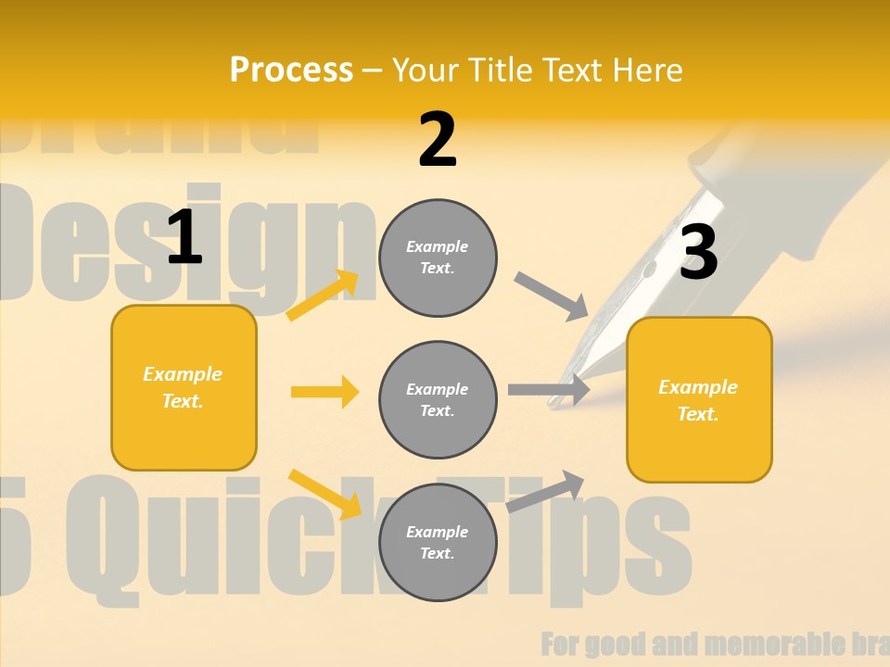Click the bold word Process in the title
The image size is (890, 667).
[x=291, y=69]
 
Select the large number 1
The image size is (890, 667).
[x=184, y=237]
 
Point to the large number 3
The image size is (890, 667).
[x=698, y=252]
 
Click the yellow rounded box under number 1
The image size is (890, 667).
[x=184, y=387]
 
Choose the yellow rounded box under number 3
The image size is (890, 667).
[x=699, y=399]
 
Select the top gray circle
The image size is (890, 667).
[x=438, y=257]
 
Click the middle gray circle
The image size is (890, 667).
[x=438, y=399]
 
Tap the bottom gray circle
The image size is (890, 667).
[x=438, y=542]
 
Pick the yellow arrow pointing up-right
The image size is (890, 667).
[x=323, y=296]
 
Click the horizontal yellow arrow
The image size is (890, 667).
[x=324, y=392]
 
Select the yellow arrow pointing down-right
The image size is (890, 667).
[x=324, y=493]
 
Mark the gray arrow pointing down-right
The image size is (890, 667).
[x=552, y=296]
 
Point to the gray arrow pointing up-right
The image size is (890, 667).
[x=546, y=491]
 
